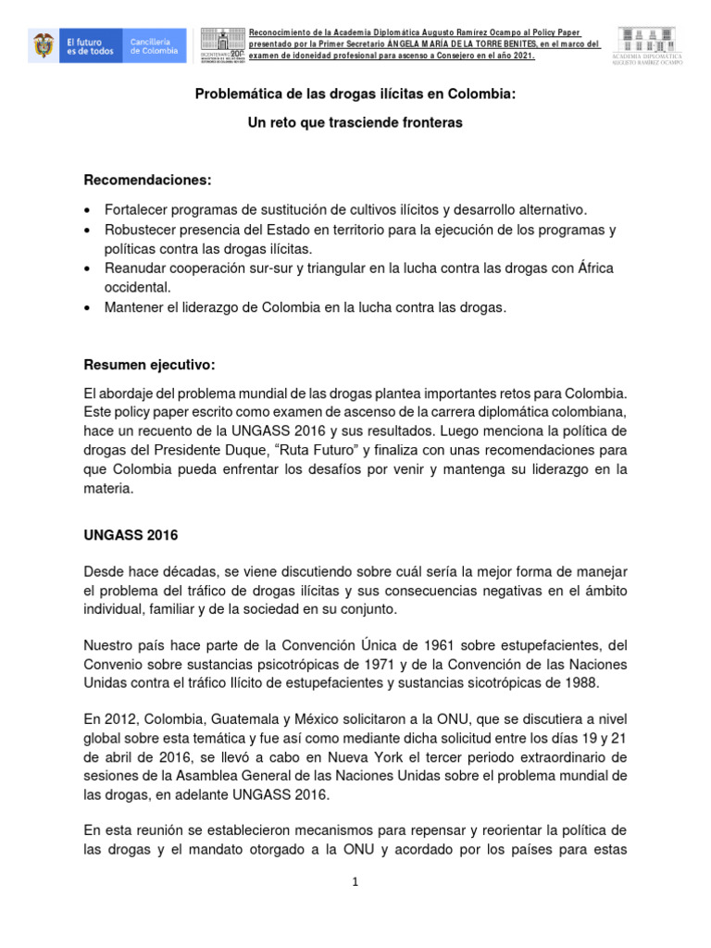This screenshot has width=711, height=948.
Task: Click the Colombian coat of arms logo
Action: tap(42, 44)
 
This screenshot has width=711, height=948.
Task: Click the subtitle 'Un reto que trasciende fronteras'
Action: tap(355, 122)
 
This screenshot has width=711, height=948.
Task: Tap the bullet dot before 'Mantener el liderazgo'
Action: tap(87, 308)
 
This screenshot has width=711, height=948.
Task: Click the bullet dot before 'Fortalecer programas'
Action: tap(87, 209)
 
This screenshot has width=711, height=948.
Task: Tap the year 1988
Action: tap(582, 683)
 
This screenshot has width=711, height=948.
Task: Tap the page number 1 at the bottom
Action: tap(355, 882)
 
